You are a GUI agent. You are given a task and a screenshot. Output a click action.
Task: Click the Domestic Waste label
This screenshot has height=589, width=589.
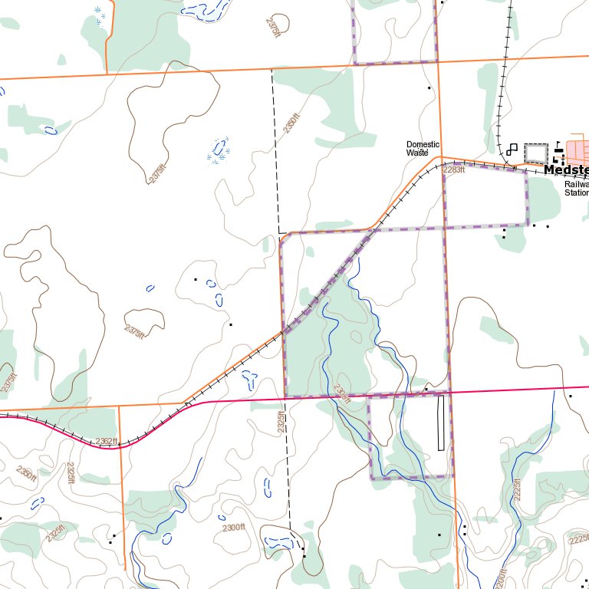tap(423, 149)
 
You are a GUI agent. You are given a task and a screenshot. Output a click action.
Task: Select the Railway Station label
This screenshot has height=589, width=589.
tap(576, 189)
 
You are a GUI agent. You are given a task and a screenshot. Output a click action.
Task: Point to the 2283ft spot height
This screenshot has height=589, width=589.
tap(454, 169)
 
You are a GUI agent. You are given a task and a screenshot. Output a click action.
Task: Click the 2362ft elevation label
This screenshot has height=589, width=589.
tap(107, 441)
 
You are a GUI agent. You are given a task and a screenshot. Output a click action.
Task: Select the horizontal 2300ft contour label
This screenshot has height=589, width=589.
tap(233, 528)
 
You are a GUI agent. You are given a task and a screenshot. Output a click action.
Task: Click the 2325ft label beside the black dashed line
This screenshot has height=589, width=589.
tap(281, 422)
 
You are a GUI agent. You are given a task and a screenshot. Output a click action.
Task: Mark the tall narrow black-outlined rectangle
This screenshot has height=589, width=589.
tap(441, 422)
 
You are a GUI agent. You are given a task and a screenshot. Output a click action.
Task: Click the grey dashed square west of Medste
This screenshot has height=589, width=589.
tap(536, 153)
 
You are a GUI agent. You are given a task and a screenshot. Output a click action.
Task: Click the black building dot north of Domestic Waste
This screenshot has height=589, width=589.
tap(429, 88)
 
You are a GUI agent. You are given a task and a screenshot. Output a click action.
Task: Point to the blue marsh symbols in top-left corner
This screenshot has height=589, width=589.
tap(100, 15)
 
